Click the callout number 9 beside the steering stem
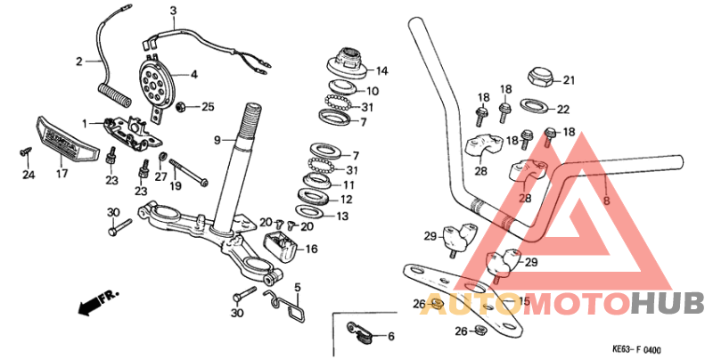coord(217,140)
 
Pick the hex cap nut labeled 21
coord(542,78)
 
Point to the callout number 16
coord(310,250)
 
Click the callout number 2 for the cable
coord(78,61)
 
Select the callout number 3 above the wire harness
coord(174,11)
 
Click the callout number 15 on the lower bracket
coord(524,303)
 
